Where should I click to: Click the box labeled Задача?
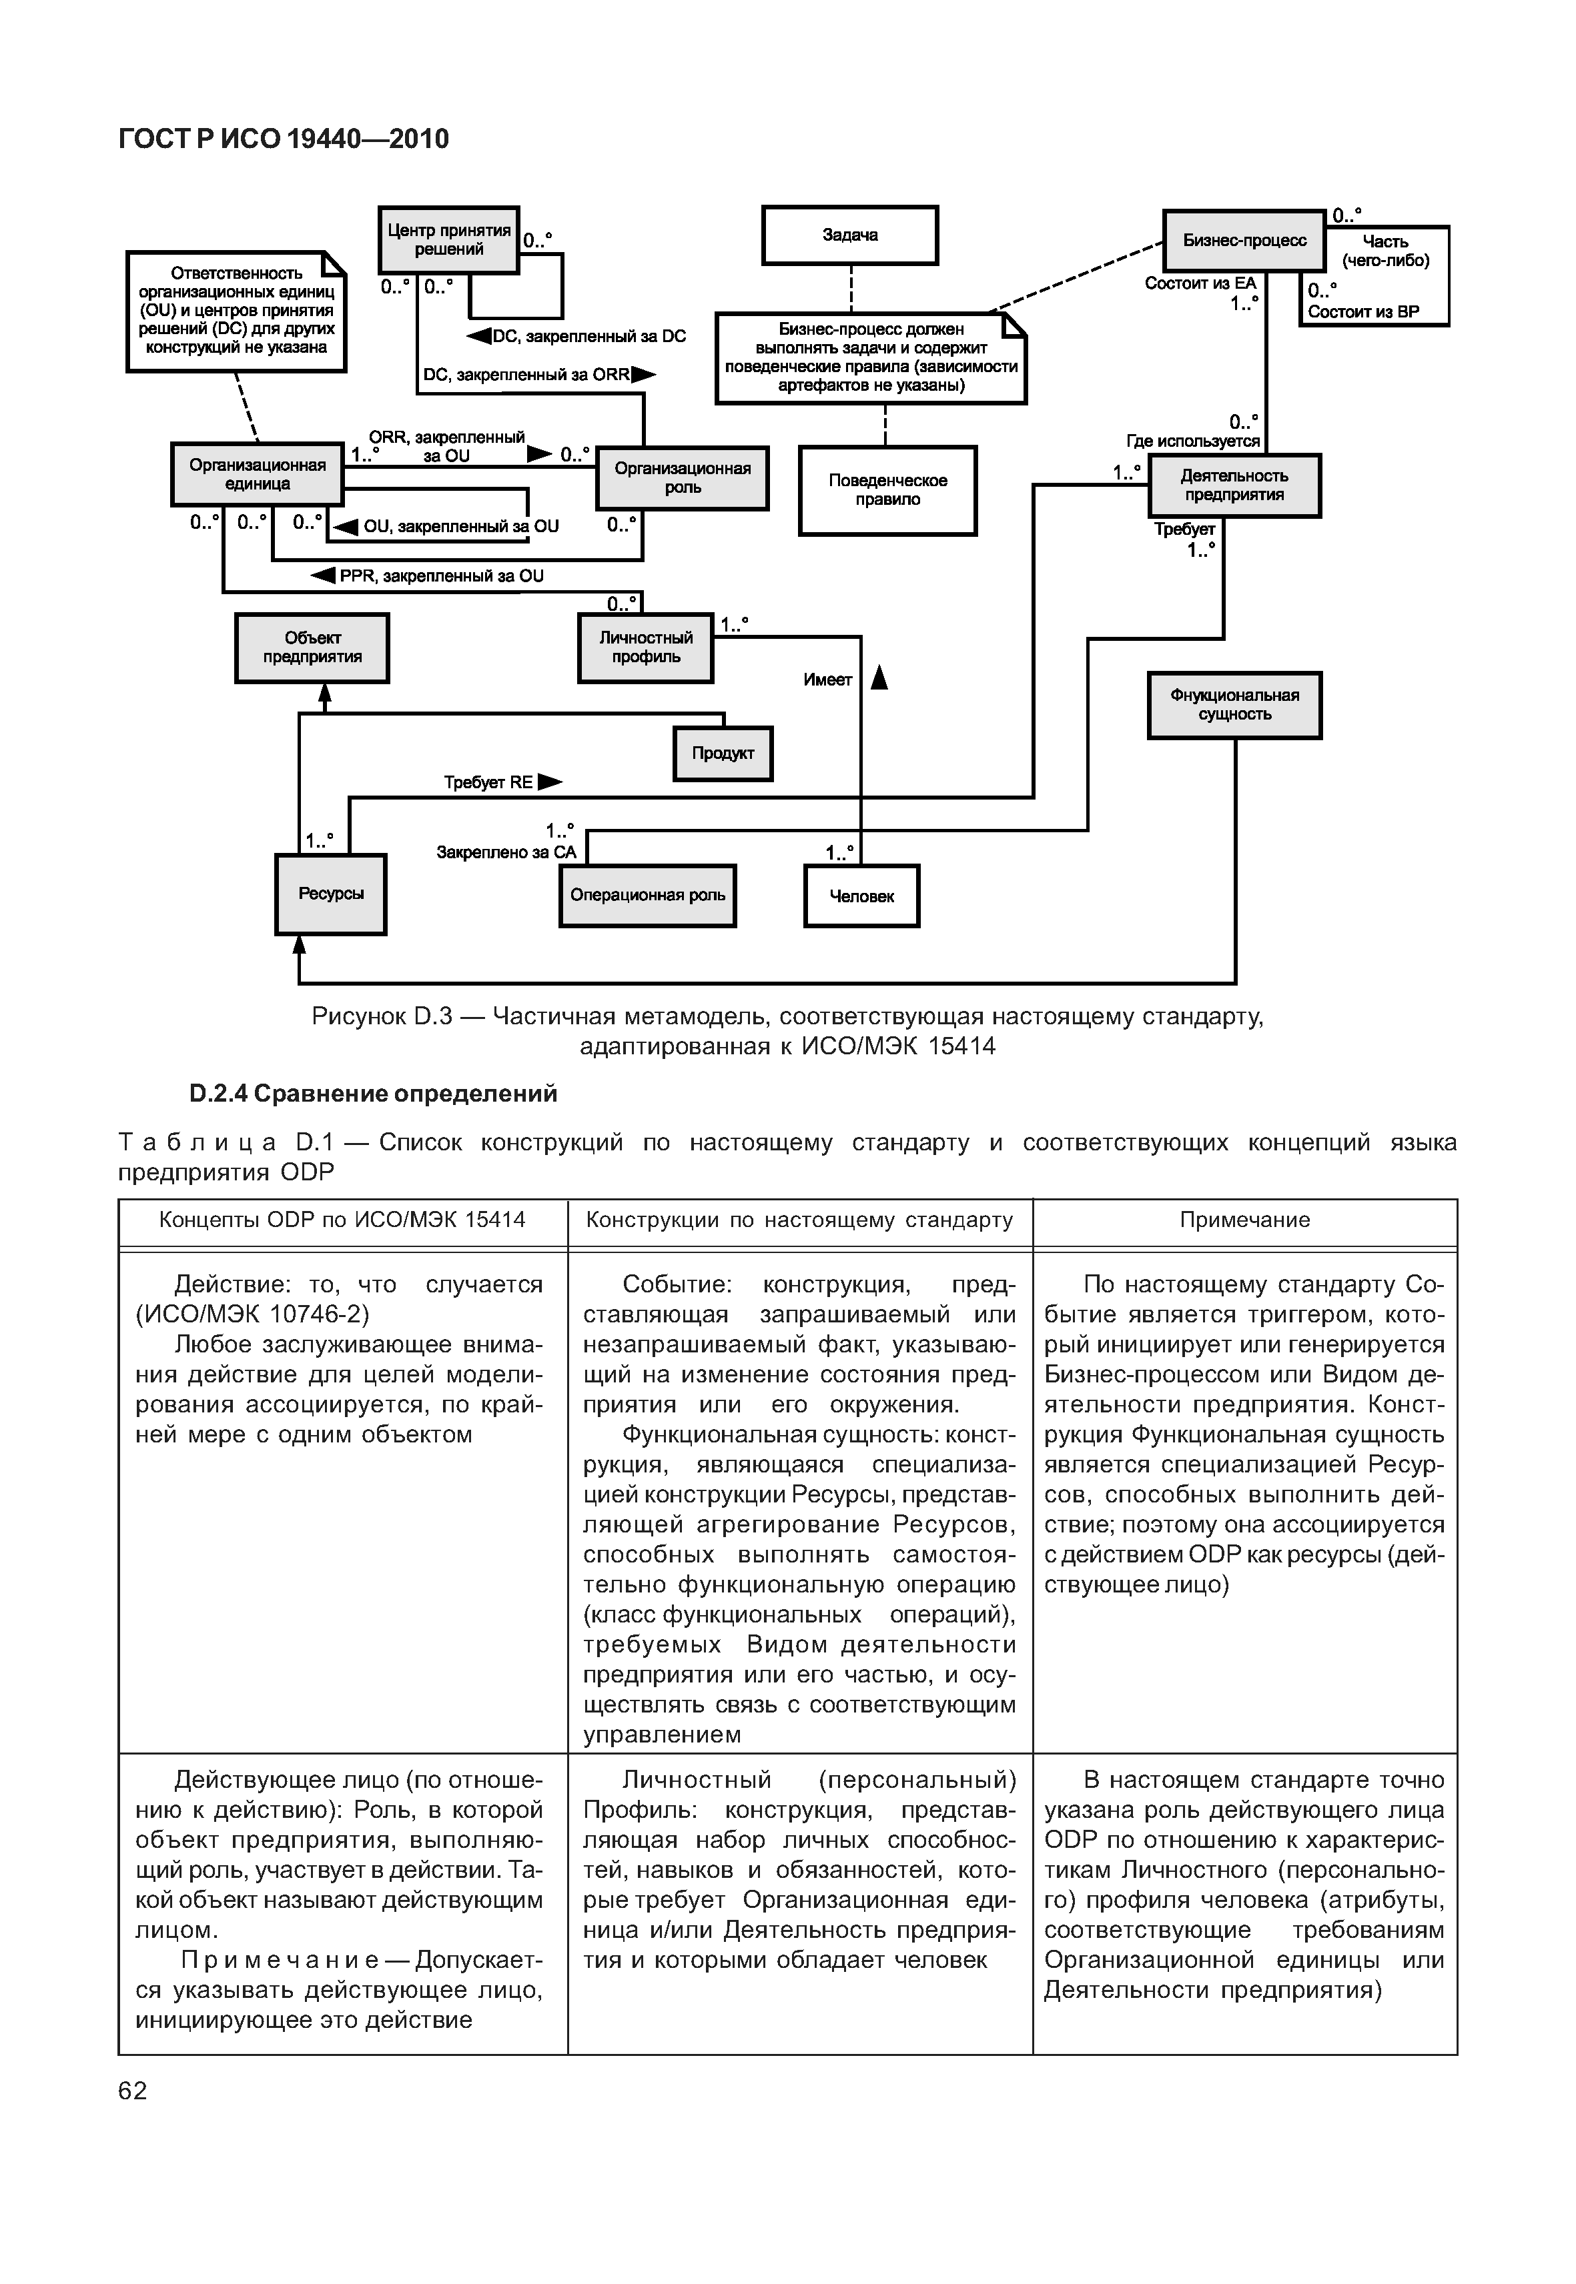point(849,235)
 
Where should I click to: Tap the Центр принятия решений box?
point(448,240)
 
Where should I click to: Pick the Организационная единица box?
point(257,473)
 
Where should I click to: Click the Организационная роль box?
point(683,477)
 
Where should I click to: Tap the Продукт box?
point(723,753)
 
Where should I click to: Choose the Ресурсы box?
point(331,894)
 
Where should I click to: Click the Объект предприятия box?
point(312,648)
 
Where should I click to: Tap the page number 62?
point(132,2091)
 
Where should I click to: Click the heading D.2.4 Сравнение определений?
point(372,1094)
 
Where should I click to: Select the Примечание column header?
point(1244,1220)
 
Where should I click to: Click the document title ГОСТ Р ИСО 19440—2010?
point(284,139)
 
